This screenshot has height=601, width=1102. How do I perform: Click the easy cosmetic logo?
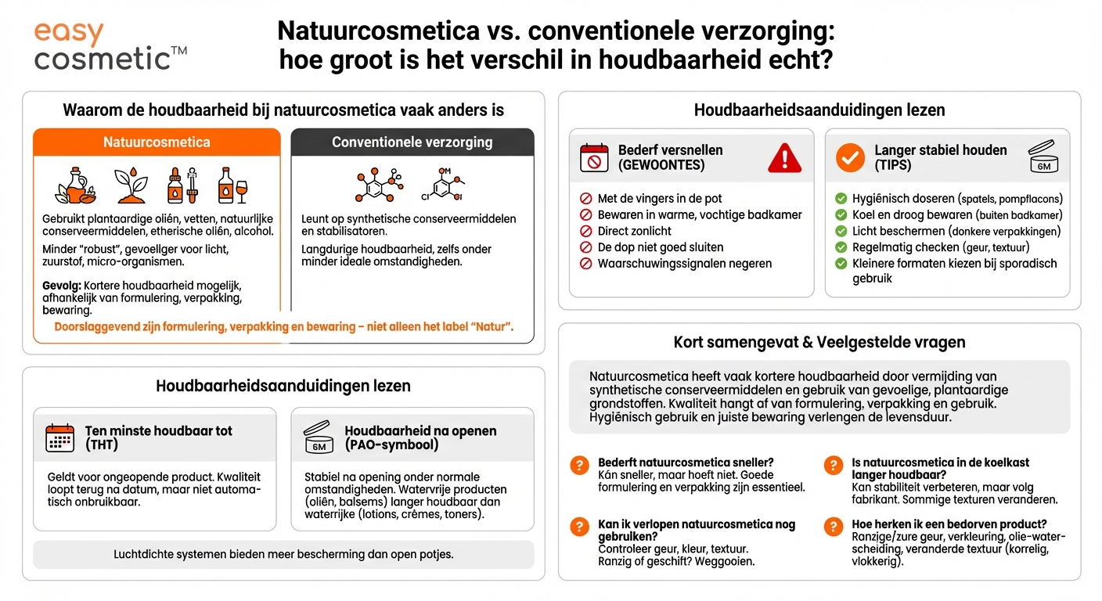click(x=110, y=46)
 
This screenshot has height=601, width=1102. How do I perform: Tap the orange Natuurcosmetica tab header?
click(x=157, y=142)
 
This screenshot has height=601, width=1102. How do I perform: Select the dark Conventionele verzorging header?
click(x=412, y=142)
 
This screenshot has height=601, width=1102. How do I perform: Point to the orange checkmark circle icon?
click(x=849, y=157)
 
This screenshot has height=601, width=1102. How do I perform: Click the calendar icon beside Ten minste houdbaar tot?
click(x=60, y=438)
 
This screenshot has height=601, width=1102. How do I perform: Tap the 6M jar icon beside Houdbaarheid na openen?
click(x=319, y=438)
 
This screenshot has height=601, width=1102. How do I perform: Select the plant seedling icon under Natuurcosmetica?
click(x=131, y=185)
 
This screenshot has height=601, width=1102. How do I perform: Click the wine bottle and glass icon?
click(x=232, y=185)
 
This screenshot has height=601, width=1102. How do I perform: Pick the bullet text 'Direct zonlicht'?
click(x=634, y=231)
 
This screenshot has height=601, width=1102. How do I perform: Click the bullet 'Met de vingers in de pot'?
click(x=659, y=198)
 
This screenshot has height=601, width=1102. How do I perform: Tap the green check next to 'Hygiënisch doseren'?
click(x=841, y=199)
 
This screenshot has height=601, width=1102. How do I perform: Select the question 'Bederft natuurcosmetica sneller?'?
click(x=686, y=462)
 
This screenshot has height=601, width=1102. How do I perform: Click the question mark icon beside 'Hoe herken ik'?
click(x=833, y=527)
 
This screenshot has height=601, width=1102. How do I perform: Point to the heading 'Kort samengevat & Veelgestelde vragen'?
click(x=819, y=342)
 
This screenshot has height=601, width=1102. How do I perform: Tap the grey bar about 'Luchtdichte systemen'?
click(x=283, y=554)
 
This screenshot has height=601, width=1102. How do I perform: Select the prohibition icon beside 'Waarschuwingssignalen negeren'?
click(x=585, y=264)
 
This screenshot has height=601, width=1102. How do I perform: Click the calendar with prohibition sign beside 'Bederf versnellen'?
click(x=593, y=157)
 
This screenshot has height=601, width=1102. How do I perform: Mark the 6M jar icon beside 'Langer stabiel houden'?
click(x=1043, y=157)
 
